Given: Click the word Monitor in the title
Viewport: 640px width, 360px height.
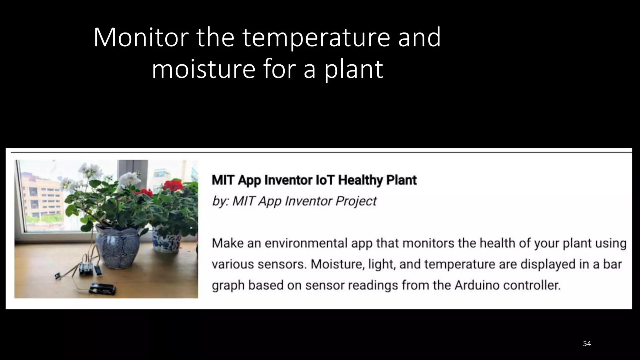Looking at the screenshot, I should click(x=141, y=37).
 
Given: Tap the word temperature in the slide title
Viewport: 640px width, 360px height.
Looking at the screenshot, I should click(x=316, y=37).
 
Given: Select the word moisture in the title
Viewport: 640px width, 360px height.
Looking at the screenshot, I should click(x=203, y=69).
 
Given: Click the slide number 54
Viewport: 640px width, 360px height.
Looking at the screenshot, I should click(x=587, y=344).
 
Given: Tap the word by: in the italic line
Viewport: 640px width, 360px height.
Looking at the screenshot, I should click(x=220, y=201).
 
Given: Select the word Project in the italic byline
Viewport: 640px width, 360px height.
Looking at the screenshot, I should click(x=356, y=201).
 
